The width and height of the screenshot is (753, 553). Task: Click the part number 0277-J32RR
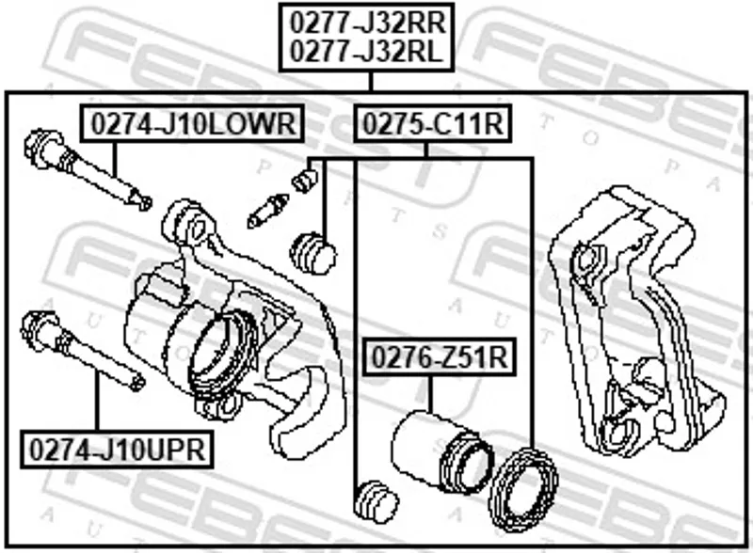click(x=367, y=22)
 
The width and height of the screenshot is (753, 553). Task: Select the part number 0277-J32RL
click(x=366, y=51)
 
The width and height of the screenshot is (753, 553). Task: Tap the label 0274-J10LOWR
click(x=193, y=123)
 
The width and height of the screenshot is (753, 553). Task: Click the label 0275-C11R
click(x=432, y=123)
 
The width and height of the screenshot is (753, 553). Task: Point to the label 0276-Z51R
click(x=440, y=356)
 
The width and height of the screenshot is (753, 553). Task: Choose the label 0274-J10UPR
click(x=117, y=450)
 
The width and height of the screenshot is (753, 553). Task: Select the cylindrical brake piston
click(x=441, y=452)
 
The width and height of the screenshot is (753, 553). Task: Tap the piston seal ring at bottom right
click(x=523, y=489)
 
